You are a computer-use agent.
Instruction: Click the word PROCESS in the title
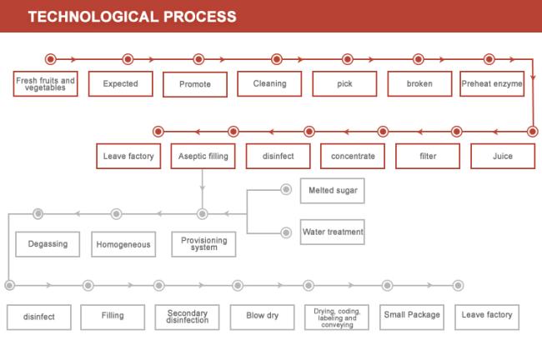click(200, 17)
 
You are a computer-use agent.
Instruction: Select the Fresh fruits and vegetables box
click(45, 83)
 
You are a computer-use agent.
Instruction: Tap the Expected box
click(121, 83)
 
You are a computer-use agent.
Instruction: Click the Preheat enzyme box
click(492, 83)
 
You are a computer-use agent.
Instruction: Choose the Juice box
click(503, 156)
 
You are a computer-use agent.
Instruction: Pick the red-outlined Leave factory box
click(128, 156)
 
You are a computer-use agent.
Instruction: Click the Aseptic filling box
click(203, 156)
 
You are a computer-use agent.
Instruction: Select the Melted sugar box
click(333, 191)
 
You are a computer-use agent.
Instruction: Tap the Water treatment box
click(333, 232)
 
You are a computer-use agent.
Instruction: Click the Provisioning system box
click(204, 244)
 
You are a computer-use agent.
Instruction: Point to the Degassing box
click(48, 244)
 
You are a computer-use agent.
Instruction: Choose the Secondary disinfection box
click(188, 317)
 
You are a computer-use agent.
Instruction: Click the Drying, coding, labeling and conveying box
click(337, 317)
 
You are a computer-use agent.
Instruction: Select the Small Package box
click(412, 317)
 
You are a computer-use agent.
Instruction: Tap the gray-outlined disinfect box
click(39, 317)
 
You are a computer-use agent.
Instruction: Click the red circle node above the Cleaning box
click(277, 59)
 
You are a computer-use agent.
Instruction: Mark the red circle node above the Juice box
click(532, 132)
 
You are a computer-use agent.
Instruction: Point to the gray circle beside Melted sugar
click(286, 189)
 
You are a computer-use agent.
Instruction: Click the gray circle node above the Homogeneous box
click(116, 214)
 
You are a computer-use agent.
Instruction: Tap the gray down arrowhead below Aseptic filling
click(203, 188)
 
